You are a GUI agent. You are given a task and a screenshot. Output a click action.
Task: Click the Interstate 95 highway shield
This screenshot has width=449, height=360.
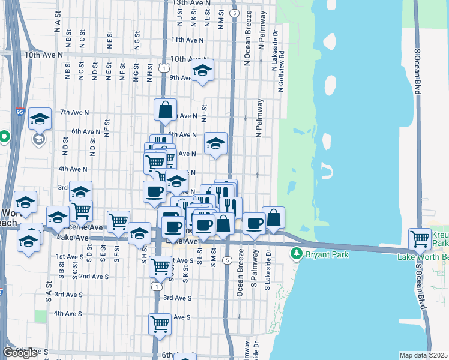(x=20, y=111)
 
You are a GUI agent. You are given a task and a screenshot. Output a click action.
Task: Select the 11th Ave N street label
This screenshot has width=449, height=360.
(x=187, y=40)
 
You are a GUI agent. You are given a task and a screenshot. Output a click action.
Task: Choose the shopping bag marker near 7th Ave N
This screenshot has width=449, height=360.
(x=165, y=110)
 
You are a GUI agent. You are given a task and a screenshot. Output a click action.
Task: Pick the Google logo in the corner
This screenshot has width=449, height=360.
(x=20, y=353)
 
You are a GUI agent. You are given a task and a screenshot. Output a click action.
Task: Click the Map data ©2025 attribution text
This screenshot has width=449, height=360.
(x=424, y=355)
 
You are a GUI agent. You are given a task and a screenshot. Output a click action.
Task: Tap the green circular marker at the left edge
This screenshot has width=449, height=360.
(x=4, y=137)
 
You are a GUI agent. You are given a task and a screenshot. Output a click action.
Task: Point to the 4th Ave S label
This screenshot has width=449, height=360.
(x=67, y=313)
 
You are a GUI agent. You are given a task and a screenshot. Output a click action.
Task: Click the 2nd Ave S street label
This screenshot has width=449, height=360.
(x=94, y=276)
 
